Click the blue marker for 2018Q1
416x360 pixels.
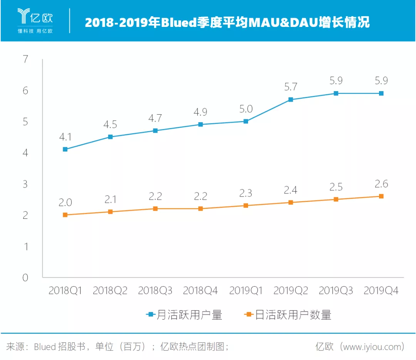(65, 149)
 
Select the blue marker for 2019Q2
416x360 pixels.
(290, 100)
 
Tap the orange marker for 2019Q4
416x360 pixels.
(381, 196)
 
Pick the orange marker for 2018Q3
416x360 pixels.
(155, 208)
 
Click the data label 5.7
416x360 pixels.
(290, 87)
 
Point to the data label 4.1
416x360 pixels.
(65, 137)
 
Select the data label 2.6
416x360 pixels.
(381, 184)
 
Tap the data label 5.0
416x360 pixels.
(245, 109)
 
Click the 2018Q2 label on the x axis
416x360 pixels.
(110, 291)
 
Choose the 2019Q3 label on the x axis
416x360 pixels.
(336, 291)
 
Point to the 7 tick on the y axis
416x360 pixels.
(25, 60)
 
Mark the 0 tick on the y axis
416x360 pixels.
(25, 278)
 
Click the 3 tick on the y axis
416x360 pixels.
(25, 184)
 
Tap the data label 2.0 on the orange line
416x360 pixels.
(65, 202)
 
